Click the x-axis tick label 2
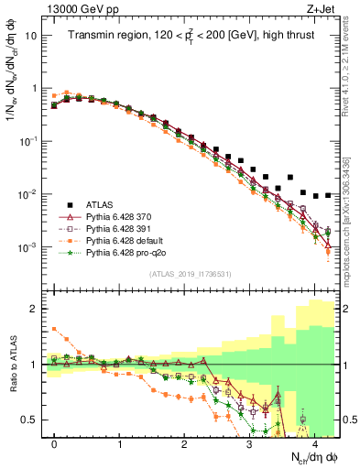(184, 443)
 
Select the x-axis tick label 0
(54, 443)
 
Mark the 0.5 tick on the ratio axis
(32, 420)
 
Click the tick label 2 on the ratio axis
(35, 309)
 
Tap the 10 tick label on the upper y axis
(30, 36)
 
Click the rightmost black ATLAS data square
(328, 194)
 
